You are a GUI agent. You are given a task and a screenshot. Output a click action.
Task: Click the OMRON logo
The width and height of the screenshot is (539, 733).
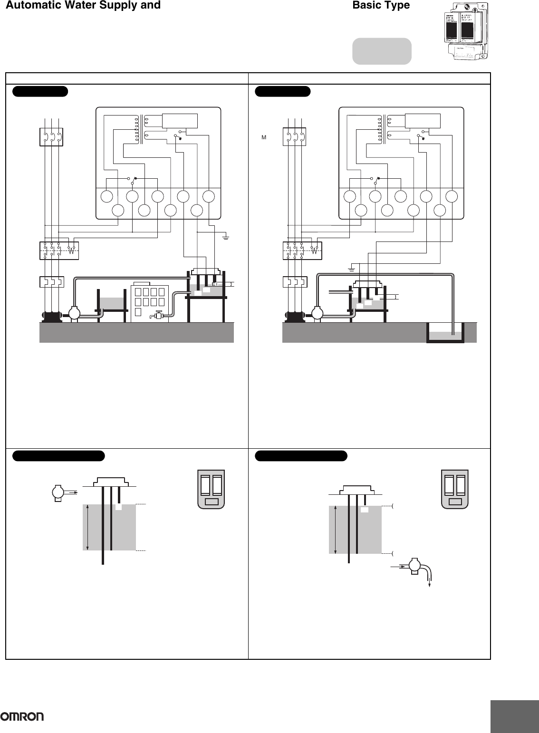click(22, 716)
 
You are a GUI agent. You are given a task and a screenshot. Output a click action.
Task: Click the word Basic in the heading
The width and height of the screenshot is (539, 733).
click(366, 5)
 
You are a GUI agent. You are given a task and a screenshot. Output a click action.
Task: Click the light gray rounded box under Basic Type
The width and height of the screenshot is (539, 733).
click(381, 51)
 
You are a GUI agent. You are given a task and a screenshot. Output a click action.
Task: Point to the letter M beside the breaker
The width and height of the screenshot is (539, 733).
click(263, 137)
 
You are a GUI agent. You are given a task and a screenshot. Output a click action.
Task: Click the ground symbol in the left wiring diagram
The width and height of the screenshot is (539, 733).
click(226, 236)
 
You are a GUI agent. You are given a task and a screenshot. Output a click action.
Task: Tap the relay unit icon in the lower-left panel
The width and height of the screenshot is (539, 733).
click(211, 490)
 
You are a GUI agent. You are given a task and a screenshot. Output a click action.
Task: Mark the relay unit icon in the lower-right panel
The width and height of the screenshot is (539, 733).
click(455, 490)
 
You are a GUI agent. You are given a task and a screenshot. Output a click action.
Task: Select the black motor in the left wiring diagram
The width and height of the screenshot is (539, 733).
click(50, 315)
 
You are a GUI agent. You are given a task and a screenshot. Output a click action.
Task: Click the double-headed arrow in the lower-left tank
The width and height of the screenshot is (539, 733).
click(88, 527)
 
